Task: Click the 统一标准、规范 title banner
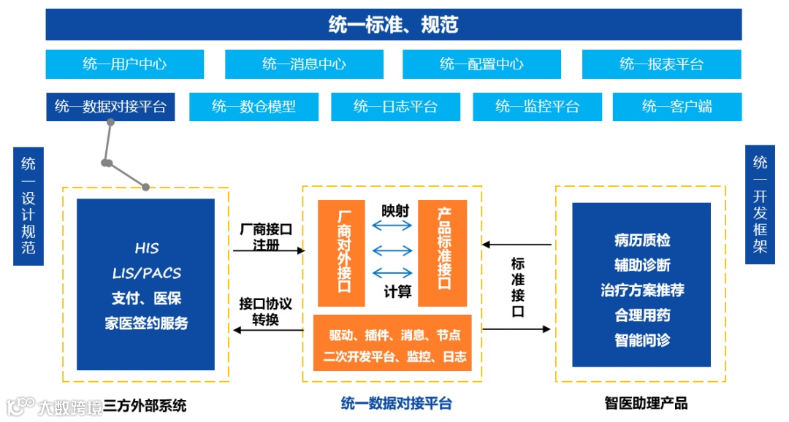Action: [393, 25]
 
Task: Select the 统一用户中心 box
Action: [124, 64]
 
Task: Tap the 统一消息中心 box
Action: [304, 64]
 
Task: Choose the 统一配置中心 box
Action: [481, 64]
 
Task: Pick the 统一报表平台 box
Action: [661, 64]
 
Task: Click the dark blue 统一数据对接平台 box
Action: [110, 107]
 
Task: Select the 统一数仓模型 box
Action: [254, 107]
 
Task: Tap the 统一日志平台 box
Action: [395, 107]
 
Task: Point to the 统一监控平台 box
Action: [537, 107]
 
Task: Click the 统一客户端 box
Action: [676, 107]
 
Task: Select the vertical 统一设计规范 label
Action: [28, 205]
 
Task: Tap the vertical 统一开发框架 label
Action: [760, 204]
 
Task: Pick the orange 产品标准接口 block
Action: [443, 253]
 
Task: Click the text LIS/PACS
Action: [147, 273]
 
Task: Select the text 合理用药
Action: [642, 315]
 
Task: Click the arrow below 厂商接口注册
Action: [268, 251]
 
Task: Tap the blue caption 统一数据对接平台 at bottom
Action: [397, 404]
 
